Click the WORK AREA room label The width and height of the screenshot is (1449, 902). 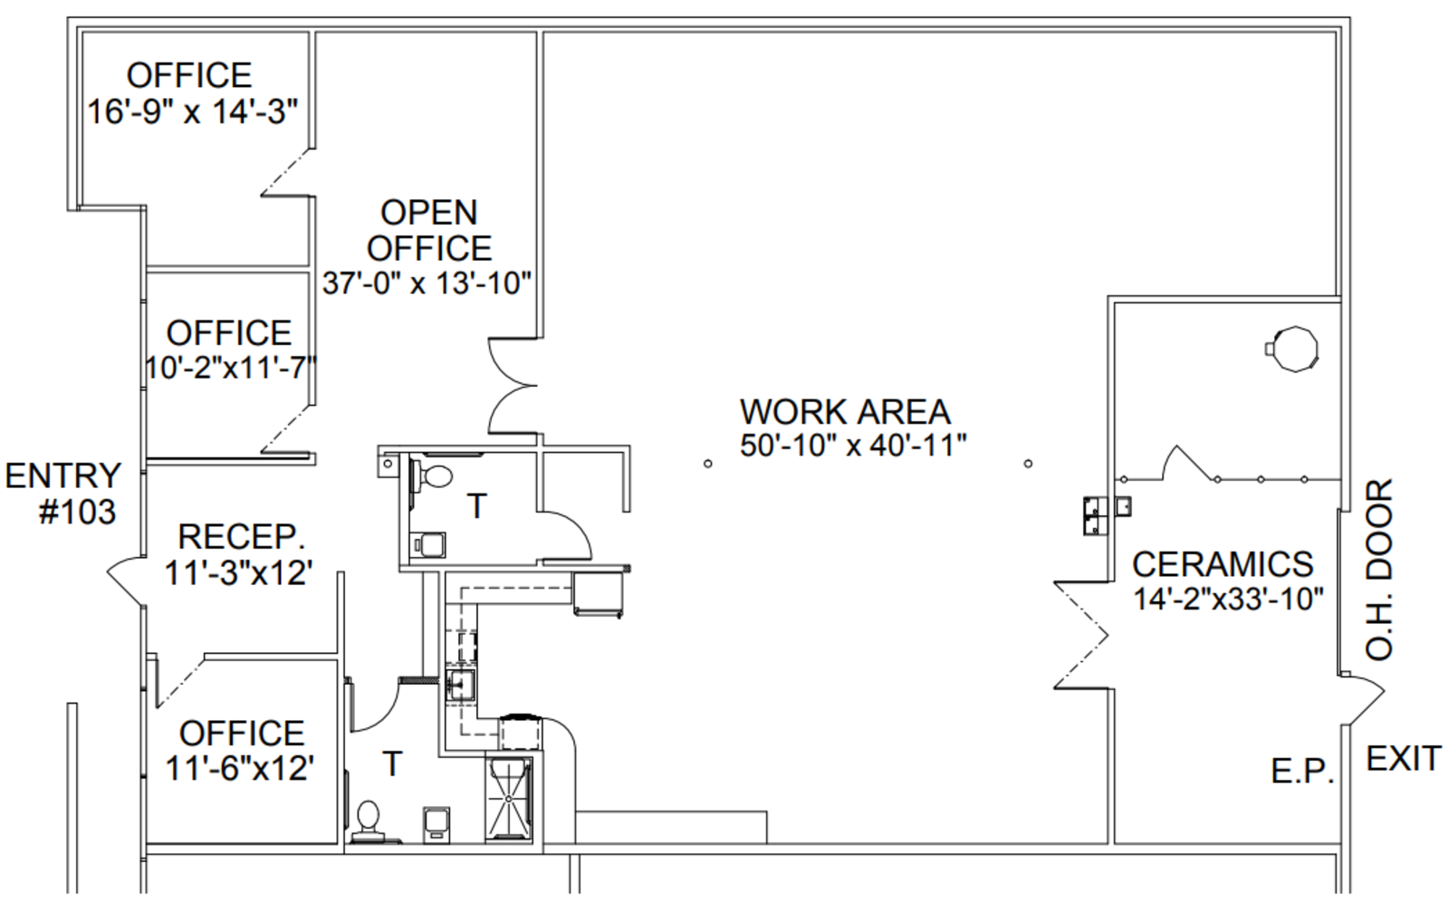[x=845, y=411]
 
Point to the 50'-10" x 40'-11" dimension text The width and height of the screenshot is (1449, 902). [x=853, y=446]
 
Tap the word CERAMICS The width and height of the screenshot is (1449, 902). [x=1223, y=564]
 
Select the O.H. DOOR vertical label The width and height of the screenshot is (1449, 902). [x=1379, y=570]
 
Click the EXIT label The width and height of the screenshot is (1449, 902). [x=1403, y=758]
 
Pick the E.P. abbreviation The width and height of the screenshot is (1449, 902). [x=1302, y=772]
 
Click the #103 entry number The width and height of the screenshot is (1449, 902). [x=78, y=513]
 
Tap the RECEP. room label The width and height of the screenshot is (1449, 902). [x=241, y=537]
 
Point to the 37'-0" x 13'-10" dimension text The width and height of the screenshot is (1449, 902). [x=427, y=283]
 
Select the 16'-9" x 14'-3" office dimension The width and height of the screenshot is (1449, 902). [x=193, y=111]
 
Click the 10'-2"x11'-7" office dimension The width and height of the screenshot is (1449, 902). [x=231, y=369]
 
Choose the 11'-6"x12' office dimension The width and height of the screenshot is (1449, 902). [x=240, y=769]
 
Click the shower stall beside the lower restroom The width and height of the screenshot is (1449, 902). [x=509, y=800]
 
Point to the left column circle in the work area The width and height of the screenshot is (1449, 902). [x=707, y=464]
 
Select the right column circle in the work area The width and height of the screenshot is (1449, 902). [x=1029, y=464]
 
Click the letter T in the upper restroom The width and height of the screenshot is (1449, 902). [x=476, y=506]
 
